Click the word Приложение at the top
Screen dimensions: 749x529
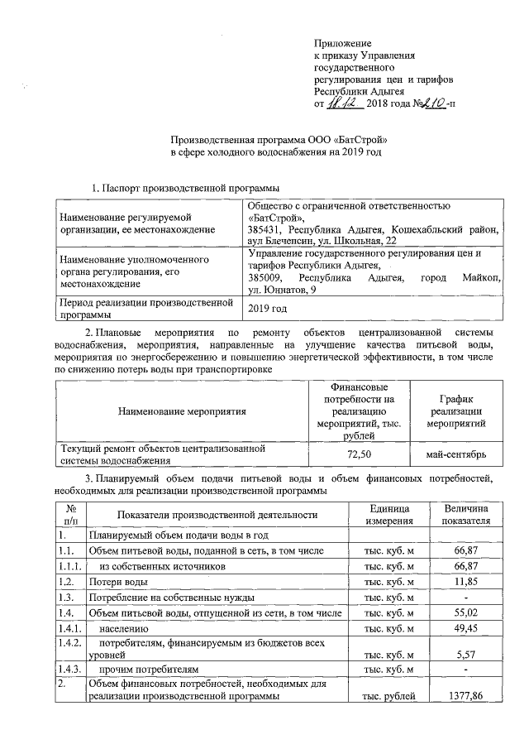click(x=342, y=42)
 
